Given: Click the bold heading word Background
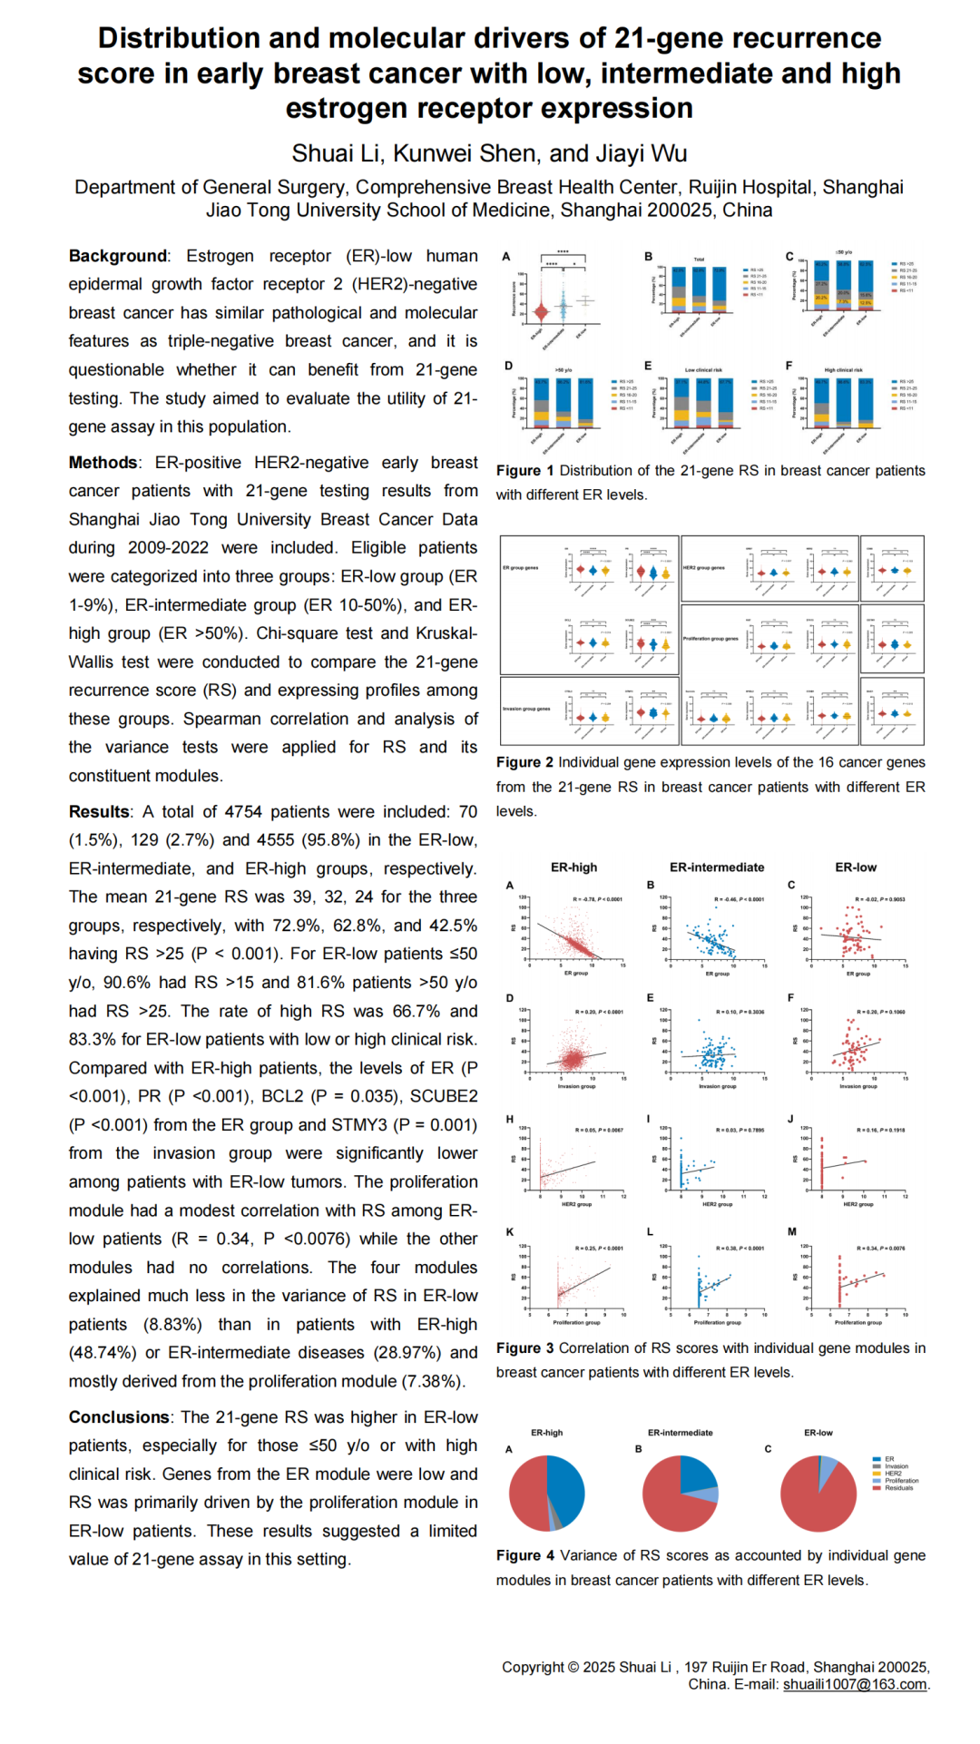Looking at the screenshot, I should pos(118,256).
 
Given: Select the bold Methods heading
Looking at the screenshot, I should pos(103,463).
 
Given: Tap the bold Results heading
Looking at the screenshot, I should pos(99,811).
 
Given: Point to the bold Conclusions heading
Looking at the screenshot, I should pos(119,1417).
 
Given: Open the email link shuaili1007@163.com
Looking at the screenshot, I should pos(855,1684).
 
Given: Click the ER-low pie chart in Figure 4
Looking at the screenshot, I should pos(818,1494).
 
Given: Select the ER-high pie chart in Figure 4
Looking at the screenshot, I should pos(546,1494).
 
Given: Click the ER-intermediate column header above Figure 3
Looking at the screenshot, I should pos(717,867).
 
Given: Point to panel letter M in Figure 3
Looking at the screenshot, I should pos(792,1231).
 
